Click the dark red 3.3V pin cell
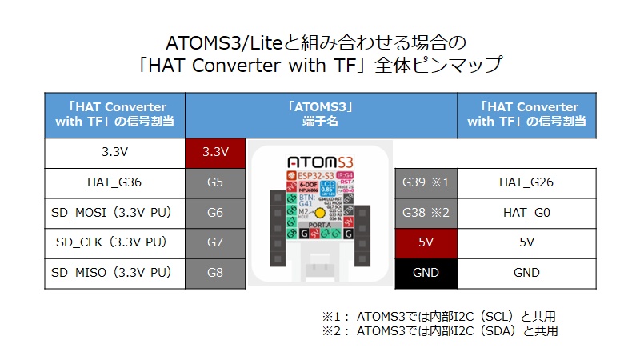(x=216, y=152)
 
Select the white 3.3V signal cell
(x=115, y=152)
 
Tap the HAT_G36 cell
(x=115, y=182)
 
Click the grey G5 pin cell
(x=216, y=182)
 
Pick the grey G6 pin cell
(x=216, y=213)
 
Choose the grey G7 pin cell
(x=216, y=242)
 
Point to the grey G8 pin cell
(x=216, y=273)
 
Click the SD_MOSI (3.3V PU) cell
(x=115, y=213)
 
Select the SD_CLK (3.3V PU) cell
(x=115, y=242)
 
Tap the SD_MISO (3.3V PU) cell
(x=115, y=273)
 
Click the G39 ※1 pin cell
(x=426, y=182)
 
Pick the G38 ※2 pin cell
(x=426, y=213)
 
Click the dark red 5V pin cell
(x=426, y=242)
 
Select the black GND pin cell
(x=426, y=273)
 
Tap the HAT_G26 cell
(x=526, y=182)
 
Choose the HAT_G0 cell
(x=526, y=213)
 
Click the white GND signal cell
(x=526, y=273)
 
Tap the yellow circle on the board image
(x=320, y=214)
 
